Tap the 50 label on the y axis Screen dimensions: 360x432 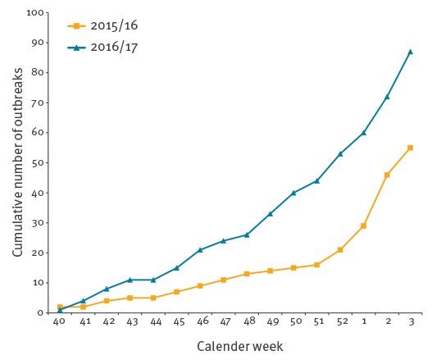(x=39, y=162)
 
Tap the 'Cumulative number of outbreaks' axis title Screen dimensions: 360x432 (x=17, y=163)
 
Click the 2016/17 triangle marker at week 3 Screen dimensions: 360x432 (x=410, y=52)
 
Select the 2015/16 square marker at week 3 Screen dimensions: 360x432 (x=410, y=148)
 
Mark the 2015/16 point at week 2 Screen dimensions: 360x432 (x=387, y=175)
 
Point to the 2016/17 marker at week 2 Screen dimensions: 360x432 (x=387, y=97)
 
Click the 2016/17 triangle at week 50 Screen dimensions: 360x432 (x=293, y=193)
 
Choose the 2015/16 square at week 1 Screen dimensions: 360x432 (x=363, y=226)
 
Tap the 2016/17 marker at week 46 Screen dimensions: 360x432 (x=200, y=249)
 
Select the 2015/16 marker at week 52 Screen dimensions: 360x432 (x=340, y=249)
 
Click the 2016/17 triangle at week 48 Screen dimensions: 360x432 (x=247, y=235)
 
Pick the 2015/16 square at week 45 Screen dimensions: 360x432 (x=176, y=291)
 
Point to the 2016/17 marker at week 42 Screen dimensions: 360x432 (x=107, y=289)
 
